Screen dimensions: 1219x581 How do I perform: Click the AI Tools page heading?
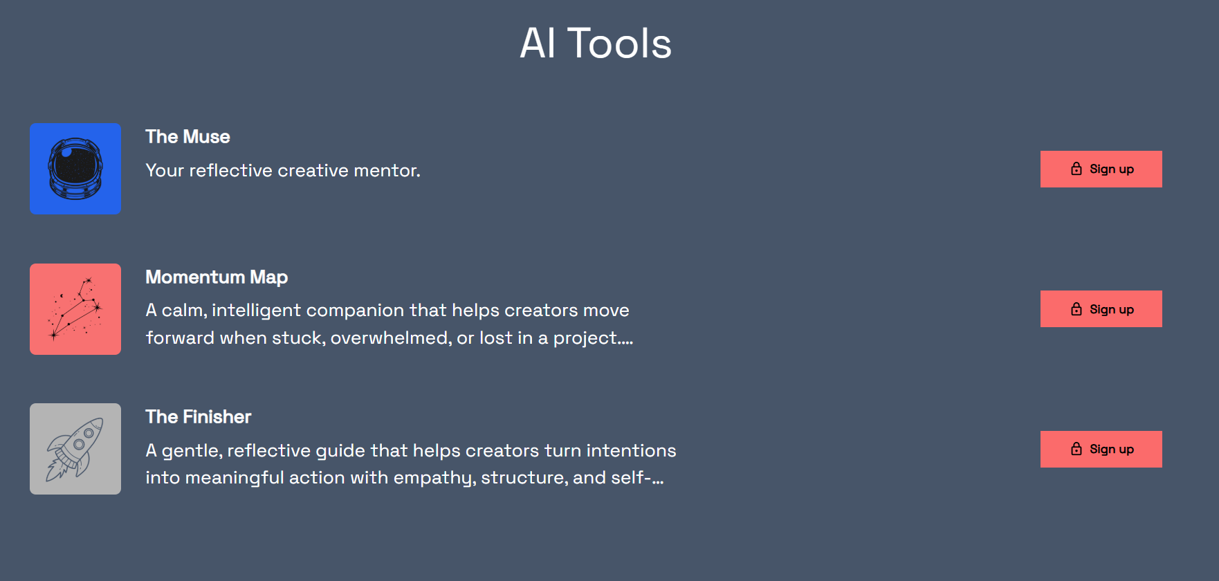click(x=596, y=43)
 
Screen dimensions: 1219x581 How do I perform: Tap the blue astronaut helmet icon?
click(x=75, y=169)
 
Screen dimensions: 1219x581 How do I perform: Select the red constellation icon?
click(x=75, y=309)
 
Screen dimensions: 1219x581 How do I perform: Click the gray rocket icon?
click(x=75, y=449)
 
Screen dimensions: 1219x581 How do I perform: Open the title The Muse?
click(x=187, y=137)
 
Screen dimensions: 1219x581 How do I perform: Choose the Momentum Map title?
click(x=217, y=277)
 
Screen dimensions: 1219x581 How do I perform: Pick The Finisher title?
click(x=198, y=417)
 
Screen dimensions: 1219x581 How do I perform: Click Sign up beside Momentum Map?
click(x=1101, y=309)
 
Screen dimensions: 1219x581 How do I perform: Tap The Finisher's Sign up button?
click(x=1101, y=449)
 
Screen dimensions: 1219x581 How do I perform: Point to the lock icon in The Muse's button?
click(x=1076, y=169)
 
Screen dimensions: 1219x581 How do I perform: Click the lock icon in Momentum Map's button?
click(x=1076, y=309)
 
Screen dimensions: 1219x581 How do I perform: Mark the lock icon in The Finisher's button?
click(x=1076, y=449)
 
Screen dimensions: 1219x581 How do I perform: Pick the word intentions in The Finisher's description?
click(x=631, y=450)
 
